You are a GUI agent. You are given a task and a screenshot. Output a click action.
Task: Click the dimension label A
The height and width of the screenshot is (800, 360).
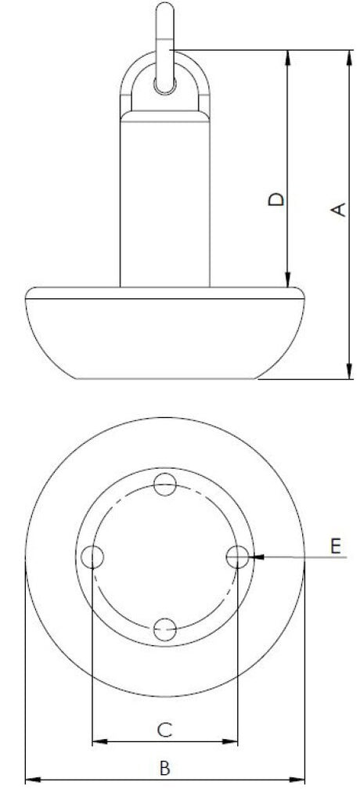point(339,210)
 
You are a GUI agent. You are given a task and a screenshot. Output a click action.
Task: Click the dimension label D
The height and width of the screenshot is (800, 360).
point(276,199)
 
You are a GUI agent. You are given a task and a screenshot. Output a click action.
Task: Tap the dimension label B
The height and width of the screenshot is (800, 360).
point(164,768)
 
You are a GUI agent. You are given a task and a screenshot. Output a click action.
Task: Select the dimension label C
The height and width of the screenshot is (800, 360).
point(164,730)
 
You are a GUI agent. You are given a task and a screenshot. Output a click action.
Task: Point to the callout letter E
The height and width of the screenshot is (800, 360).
point(335,546)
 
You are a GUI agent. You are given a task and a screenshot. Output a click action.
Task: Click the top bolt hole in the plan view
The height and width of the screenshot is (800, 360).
point(165,485)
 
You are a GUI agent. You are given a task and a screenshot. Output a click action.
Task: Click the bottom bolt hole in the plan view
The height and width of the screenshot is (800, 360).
point(165,629)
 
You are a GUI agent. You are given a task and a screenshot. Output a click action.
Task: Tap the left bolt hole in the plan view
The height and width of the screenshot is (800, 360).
point(93,557)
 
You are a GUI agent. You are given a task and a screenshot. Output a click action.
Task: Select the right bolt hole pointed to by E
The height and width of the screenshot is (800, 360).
point(238,557)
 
